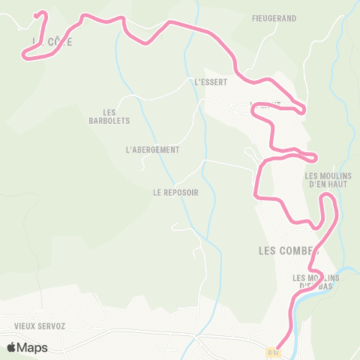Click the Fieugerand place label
274,17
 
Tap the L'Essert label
210,82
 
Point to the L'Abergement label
153,149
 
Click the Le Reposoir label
175,192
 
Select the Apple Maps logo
27,347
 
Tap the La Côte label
52,42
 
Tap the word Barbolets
109,121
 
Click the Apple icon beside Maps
11,347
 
